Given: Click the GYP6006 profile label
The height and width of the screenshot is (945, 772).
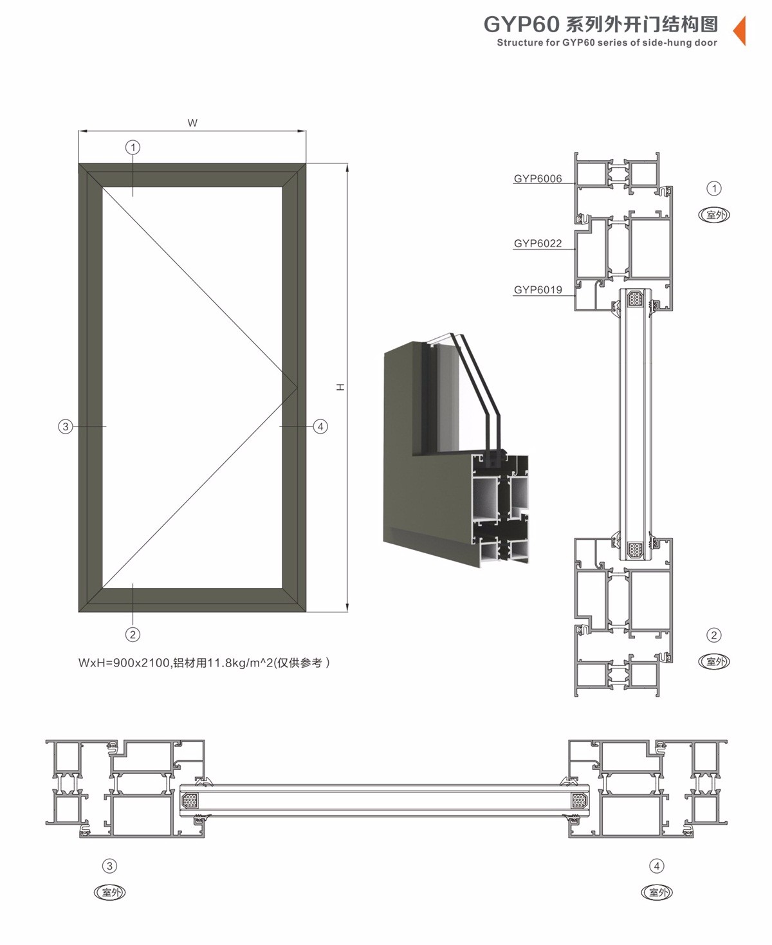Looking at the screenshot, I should tap(537, 179).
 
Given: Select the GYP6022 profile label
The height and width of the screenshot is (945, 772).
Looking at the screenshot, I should tap(537, 243).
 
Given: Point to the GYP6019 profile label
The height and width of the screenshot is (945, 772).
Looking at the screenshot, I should tap(537, 289).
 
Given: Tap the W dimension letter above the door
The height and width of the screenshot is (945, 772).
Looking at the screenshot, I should tap(192, 123).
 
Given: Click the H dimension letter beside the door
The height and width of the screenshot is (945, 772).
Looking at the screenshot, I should tap(340, 387).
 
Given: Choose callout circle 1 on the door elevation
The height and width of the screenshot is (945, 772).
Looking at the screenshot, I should tap(133, 147).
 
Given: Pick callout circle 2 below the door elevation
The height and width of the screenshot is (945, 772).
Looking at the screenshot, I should tap(133, 634).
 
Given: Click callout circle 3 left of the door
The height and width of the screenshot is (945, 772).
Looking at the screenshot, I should tap(65, 426).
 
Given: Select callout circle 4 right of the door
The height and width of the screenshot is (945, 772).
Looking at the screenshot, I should tap(320, 426).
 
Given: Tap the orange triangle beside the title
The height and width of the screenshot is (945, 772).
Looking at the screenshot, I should tap(740, 30).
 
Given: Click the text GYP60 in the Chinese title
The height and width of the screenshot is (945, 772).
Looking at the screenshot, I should tap(521, 24).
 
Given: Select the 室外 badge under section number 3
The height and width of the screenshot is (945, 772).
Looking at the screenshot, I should tap(109, 892).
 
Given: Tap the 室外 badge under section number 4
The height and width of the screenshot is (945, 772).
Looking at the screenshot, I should tap(657, 892).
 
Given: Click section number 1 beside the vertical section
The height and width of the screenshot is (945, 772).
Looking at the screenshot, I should tap(713, 188).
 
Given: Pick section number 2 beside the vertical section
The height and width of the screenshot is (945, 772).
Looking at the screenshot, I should tap(713, 635).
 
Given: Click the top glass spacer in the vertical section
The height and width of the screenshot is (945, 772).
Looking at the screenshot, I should tap(636, 298).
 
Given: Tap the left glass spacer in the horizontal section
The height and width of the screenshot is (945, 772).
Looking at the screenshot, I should tap(189, 801).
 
